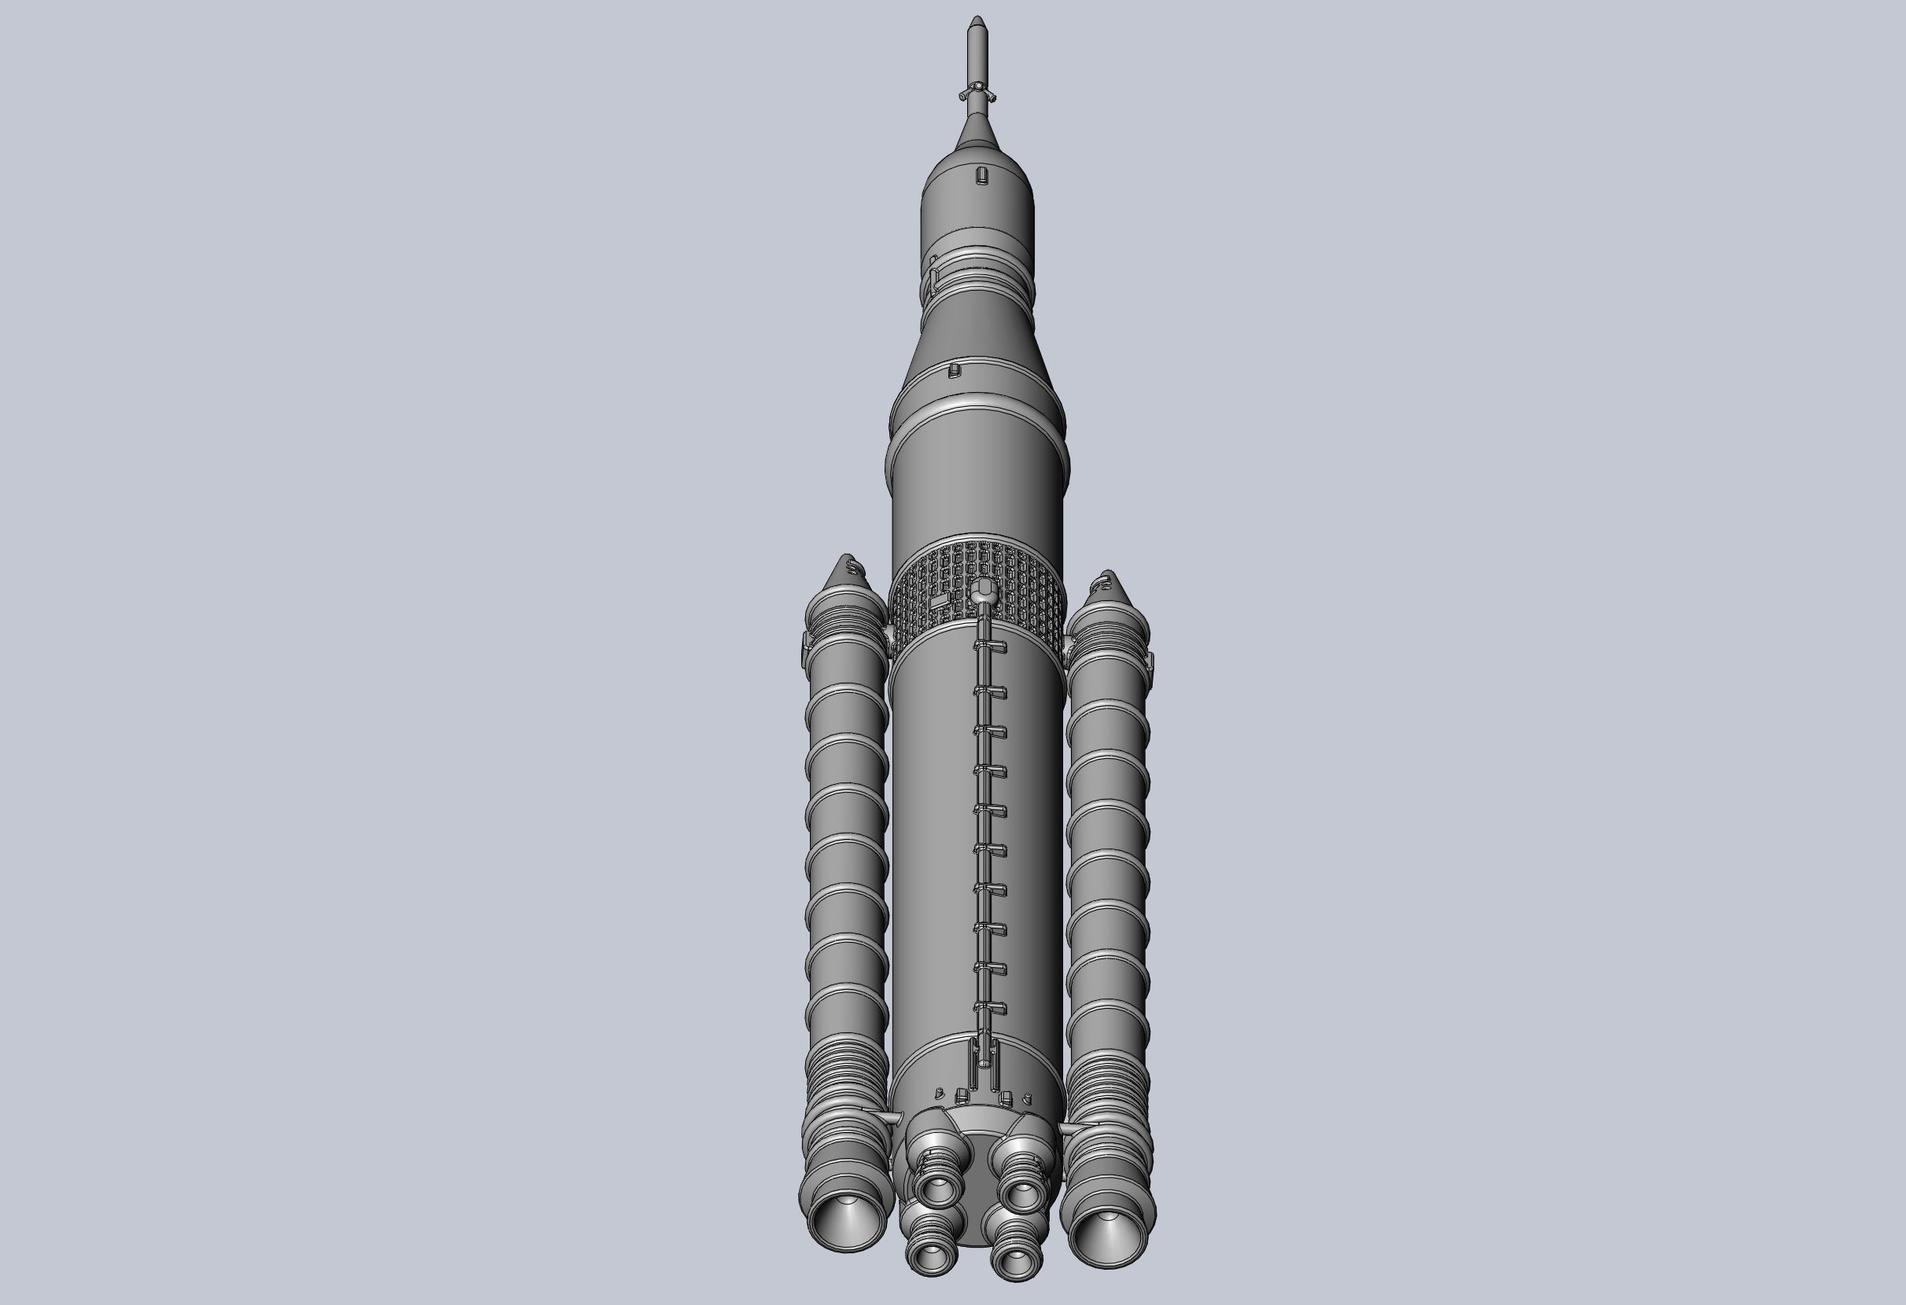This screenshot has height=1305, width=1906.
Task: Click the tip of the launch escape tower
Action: (x=976, y=18)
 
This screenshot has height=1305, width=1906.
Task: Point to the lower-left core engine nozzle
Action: (x=931, y=1252)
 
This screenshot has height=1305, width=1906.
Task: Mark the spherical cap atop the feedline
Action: (x=983, y=588)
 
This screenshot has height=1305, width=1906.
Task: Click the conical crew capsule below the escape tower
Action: (x=976, y=130)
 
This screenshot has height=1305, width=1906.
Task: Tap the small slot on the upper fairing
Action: (x=981, y=175)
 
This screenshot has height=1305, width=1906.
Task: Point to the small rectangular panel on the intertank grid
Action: (x=939, y=600)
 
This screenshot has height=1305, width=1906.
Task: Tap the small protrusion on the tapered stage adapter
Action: (x=953, y=371)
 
